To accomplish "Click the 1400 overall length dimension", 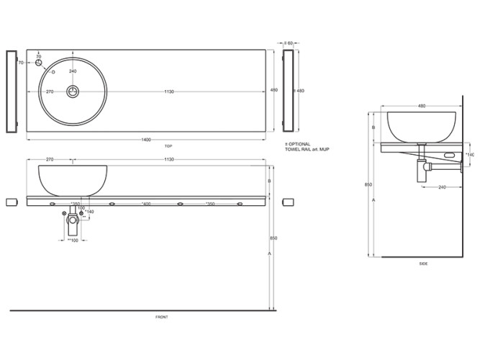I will click(x=147, y=139).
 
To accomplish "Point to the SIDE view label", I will click(x=423, y=264).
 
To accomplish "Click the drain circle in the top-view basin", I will click(x=73, y=91).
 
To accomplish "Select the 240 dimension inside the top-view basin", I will click(x=73, y=71).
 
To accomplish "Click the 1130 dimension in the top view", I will click(x=168, y=91).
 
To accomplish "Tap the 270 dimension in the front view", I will click(x=50, y=159).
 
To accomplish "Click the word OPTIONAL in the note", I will click(x=302, y=145).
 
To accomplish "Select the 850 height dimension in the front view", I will click(x=273, y=238).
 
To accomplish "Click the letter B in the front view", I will click(x=269, y=181).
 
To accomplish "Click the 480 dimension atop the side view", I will click(x=422, y=106).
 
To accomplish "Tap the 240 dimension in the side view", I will click(x=443, y=187).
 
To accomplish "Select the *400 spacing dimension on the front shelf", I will click(x=146, y=204).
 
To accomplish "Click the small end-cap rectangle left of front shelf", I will click(x=11, y=201).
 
